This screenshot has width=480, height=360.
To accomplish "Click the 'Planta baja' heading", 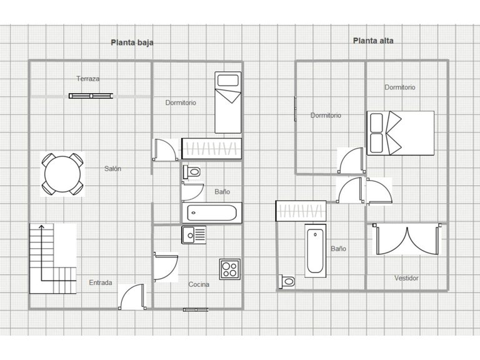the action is coord(132,42).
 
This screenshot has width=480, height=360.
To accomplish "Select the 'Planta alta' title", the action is coord(373,41).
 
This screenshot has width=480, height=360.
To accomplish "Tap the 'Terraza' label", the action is coord(88,79).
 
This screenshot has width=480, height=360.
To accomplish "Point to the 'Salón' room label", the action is coord(112,169).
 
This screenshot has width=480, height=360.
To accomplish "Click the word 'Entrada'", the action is coord(101,282).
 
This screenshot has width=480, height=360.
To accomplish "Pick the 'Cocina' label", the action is coord(199,284).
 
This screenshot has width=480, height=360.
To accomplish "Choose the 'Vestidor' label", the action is coord(406,278).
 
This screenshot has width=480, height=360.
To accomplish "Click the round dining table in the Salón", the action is coord(62,174).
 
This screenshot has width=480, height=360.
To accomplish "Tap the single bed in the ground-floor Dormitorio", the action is coord(227,102).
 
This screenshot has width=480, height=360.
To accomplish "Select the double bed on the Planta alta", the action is coord(401,133).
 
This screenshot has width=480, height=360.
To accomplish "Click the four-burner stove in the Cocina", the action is coord(229,269).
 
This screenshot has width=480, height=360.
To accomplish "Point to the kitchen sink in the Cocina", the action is coord(194,235).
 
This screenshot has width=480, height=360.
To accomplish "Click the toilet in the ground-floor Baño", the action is coord(192,172).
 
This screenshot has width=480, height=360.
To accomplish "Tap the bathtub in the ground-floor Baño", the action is coord(212,212).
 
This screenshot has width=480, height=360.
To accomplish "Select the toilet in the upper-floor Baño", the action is coord(287,281).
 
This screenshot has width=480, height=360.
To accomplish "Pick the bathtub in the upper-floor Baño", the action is coord(315,251).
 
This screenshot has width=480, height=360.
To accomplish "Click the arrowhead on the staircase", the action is coord(41,227).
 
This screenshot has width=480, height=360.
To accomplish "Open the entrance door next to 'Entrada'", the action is coord(132,297).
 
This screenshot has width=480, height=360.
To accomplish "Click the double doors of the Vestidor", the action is coord(407,239).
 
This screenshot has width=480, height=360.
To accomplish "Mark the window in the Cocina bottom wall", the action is coord(196,310).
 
